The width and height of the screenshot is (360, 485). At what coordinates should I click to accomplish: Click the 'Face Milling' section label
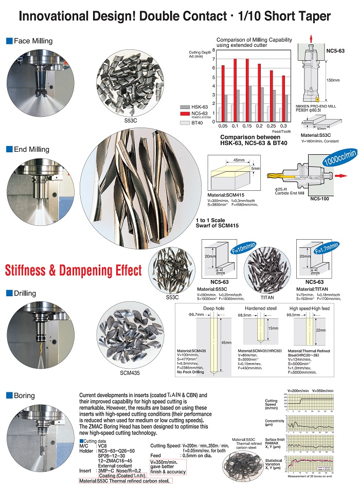tap(32, 41)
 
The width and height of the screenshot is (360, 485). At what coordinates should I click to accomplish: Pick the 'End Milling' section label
tap(31, 149)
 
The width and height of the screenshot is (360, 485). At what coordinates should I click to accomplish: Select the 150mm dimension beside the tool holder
tap(333, 80)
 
